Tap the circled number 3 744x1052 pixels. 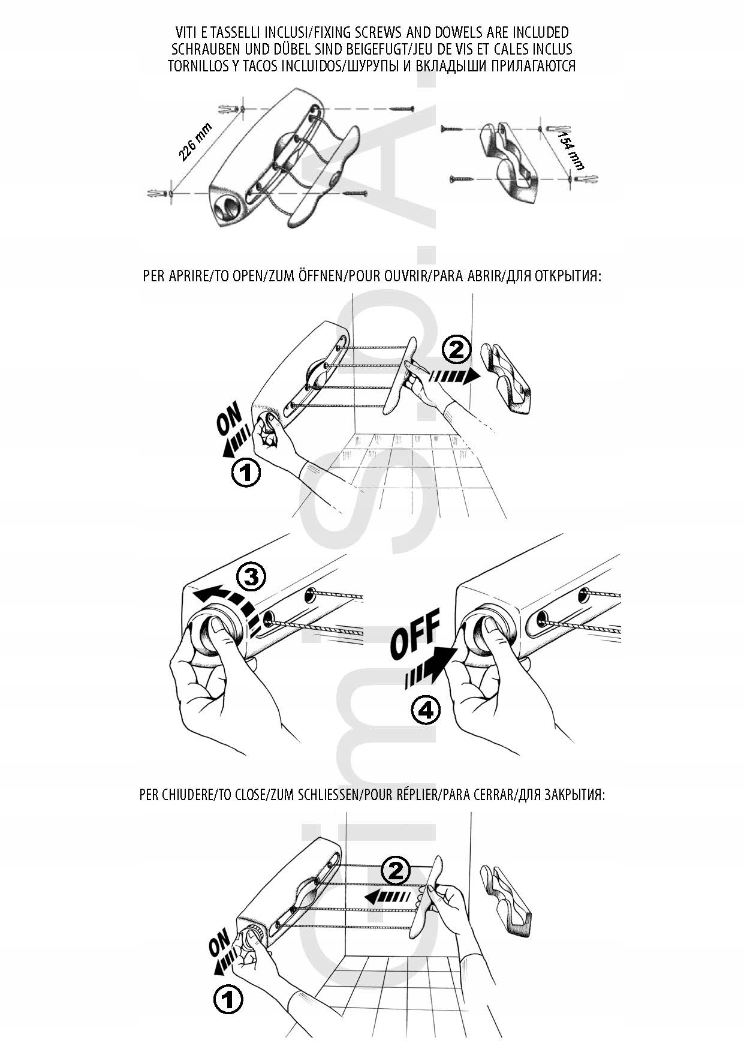251,577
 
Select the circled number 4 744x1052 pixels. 425,710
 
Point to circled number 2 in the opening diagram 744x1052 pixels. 456,350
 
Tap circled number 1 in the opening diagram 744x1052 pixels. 246,473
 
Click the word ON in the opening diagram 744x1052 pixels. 229,418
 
